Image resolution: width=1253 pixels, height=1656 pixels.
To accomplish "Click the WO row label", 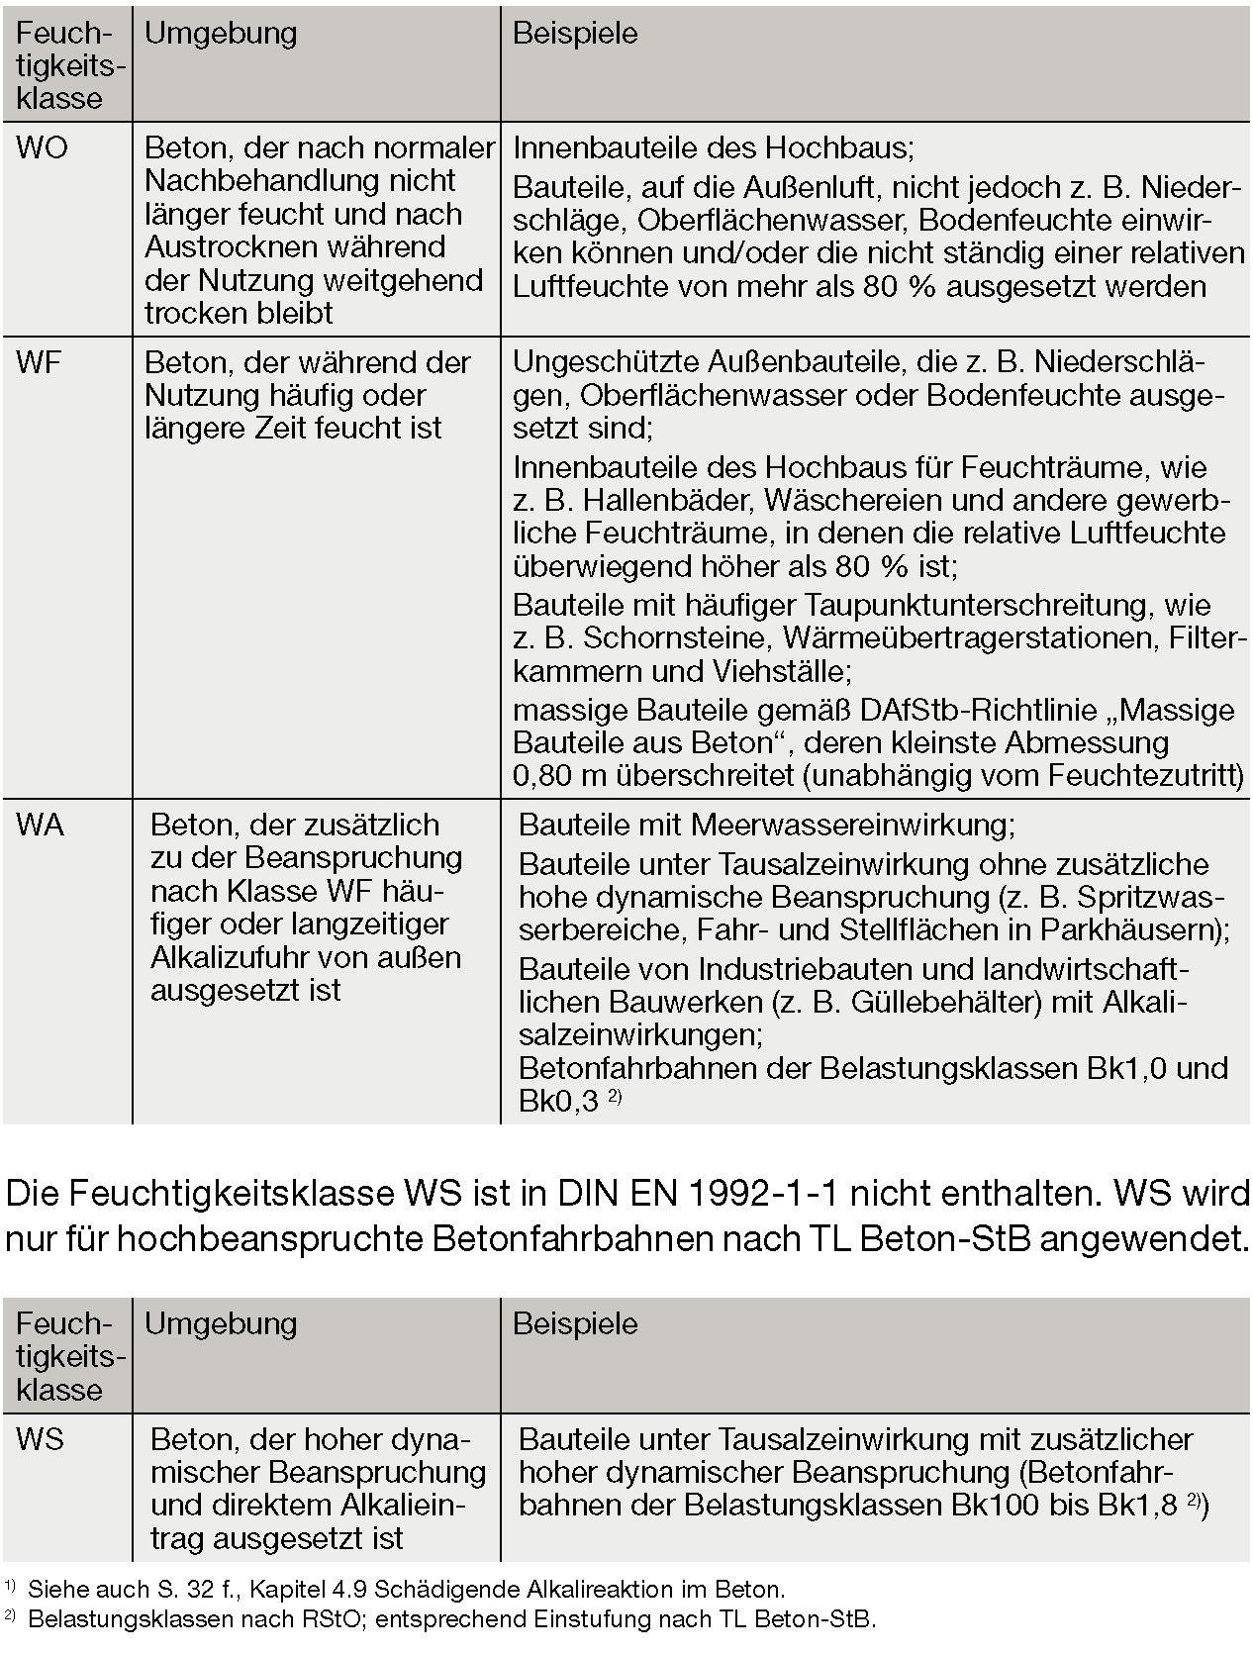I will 42,148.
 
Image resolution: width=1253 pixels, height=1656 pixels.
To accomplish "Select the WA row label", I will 40,825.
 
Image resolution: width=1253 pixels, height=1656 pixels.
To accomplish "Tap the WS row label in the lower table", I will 40,1439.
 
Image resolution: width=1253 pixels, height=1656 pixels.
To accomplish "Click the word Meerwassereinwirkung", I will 852,825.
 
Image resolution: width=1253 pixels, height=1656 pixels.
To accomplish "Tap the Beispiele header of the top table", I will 575,34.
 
